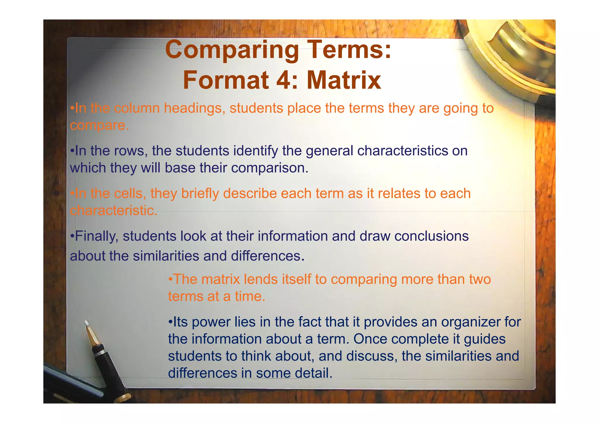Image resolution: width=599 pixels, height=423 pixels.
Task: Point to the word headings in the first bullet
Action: [194, 108]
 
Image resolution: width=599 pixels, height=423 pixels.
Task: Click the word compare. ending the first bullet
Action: [99, 125]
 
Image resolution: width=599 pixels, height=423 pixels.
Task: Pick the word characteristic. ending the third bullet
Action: [114, 210]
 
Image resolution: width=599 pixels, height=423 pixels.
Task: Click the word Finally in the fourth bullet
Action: [97, 236]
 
